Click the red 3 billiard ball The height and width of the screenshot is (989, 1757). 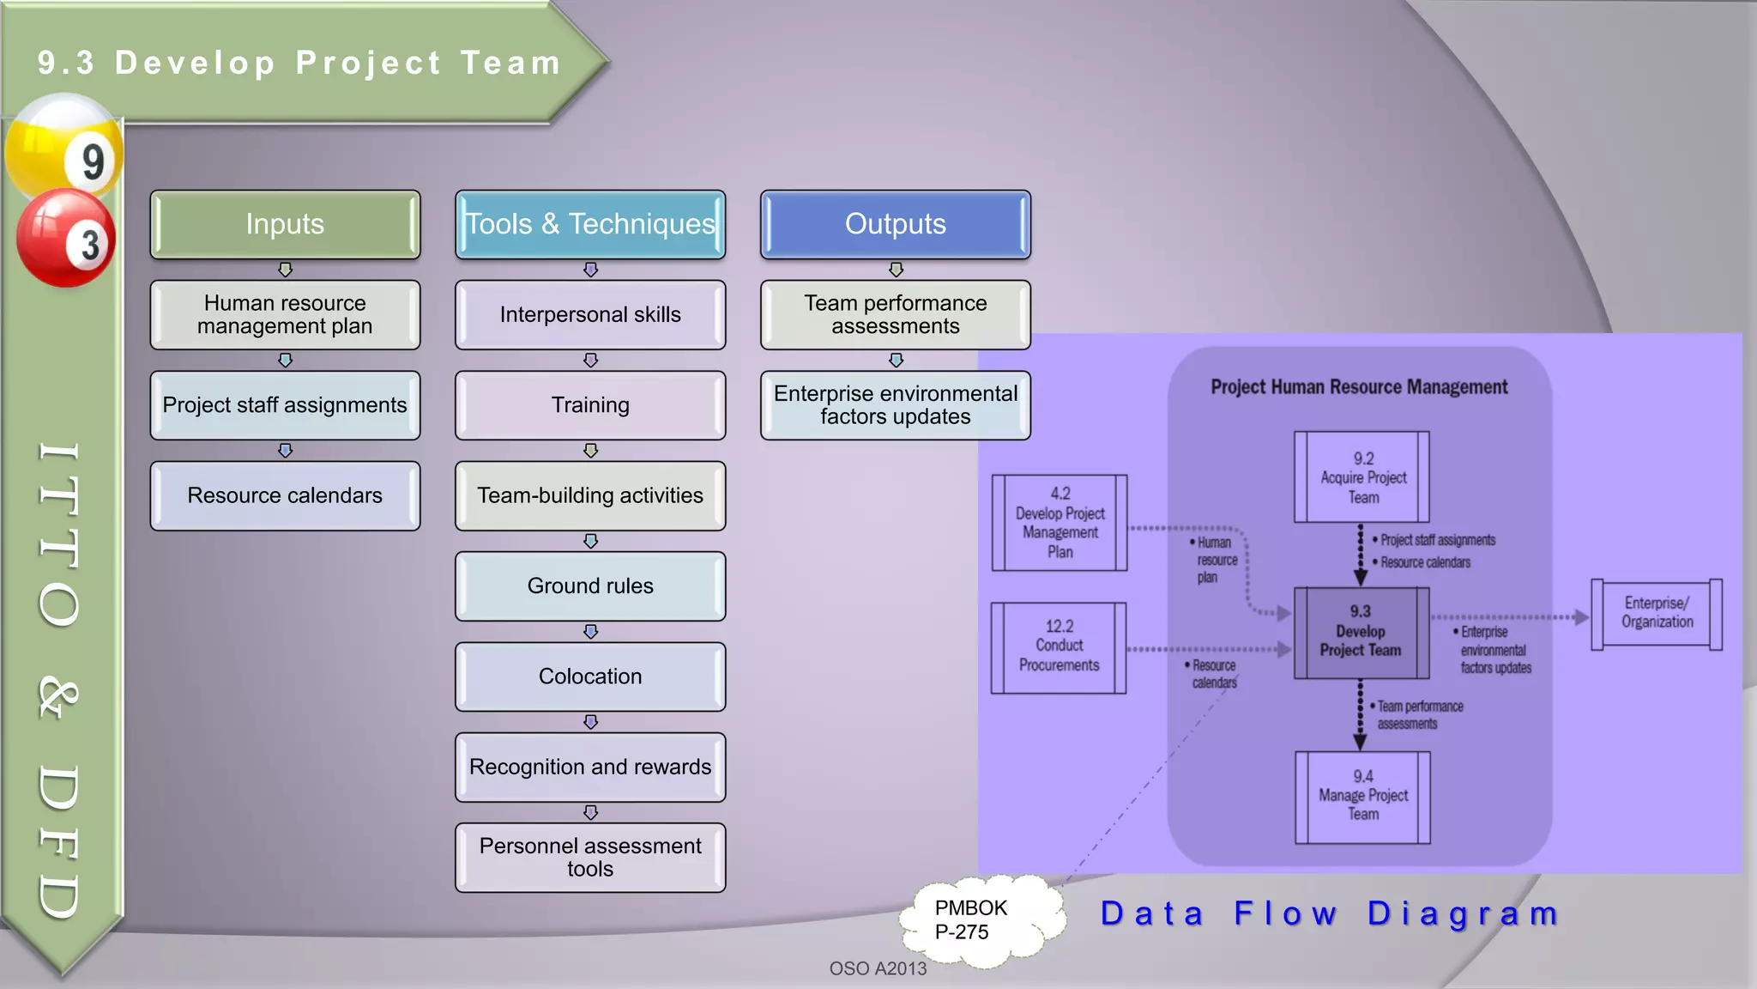tap(66, 239)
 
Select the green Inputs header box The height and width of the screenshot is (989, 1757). tap(285, 224)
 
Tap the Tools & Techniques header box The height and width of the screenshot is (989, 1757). tap(590, 224)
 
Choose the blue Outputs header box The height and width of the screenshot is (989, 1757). tap(895, 224)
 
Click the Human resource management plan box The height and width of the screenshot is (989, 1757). tap(285, 314)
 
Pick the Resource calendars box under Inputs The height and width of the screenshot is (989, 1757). tap(285, 495)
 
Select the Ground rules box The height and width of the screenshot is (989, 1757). tap(590, 586)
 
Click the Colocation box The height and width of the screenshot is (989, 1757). tap(590, 677)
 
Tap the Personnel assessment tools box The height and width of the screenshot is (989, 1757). tap(590, 857)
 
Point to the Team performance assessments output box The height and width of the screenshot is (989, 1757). tap(895, 314)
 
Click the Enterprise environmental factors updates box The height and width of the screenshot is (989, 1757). tap(895, 405)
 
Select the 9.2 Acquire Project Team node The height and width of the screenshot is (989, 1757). tap(1362, 477)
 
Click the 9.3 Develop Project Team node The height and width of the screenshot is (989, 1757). tap(1361, 632)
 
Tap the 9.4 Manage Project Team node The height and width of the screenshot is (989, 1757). tap(1362, 796)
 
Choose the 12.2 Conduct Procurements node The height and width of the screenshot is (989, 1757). tap(1059, 646)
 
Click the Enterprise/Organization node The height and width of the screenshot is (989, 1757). tap(1656, 613)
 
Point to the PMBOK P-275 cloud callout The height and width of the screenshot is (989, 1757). tap(978, 920)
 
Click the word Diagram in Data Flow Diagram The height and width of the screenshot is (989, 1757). tap(1463, 913)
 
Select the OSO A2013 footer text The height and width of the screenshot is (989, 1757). tap(878, 968)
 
